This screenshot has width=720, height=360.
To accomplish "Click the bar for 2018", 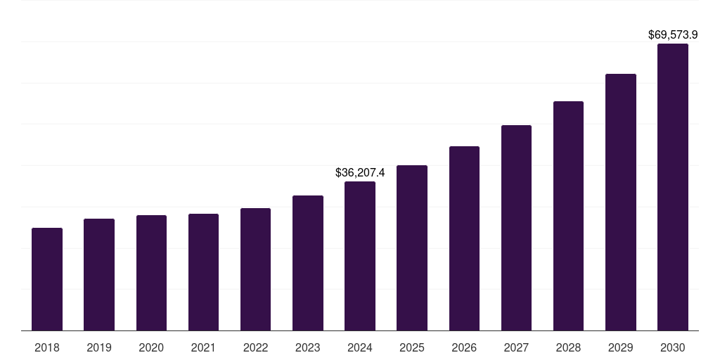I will click(x=47, y=279).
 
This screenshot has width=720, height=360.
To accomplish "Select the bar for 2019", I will click(x=99, y=274).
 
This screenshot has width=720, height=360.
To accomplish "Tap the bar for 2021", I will click(x=203, y=272).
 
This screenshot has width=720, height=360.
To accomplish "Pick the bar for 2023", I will click(x=308, y=263).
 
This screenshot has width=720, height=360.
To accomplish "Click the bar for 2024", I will click(x=360, y=256).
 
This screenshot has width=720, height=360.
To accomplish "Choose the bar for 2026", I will click(x=464, y=238).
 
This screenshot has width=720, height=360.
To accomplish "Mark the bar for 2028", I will click(x=568, y=216).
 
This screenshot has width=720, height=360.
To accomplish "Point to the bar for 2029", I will click(x=621, y=202).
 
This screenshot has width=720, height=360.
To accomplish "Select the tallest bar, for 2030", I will click(x=673, y=187).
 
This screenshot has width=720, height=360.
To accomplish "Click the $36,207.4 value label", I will click(x=360, y=172).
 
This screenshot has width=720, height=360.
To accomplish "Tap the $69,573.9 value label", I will click(x=673, y=34).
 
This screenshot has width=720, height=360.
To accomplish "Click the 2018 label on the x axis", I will click(x=47, y=347).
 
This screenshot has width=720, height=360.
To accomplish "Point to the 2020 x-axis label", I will click(x=151, y=347).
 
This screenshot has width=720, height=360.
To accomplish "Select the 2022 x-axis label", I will click(x=255, y=347).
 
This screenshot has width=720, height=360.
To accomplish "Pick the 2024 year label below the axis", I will click(x=360, y=347).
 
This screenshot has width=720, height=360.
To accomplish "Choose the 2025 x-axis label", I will click(x=412, y=347).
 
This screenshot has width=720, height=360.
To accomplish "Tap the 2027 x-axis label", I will click(x=516, y=347).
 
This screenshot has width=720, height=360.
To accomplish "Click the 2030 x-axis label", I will click(x=673, y=347).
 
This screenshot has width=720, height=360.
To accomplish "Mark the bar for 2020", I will click(x=151, y=273).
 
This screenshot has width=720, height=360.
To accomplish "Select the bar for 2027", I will click(x=516, y=228).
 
